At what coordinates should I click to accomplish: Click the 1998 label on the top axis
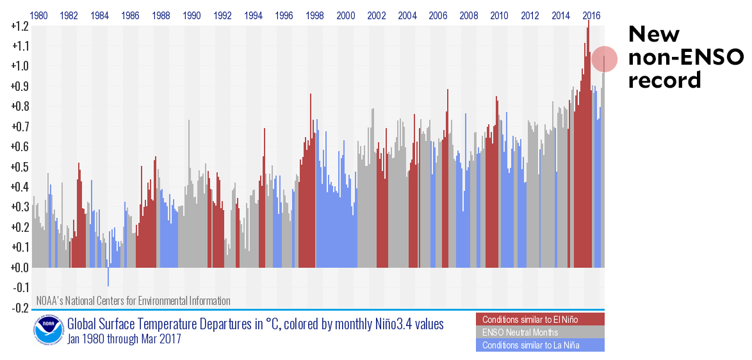point(315,15)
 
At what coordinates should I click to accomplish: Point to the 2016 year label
point(593,15)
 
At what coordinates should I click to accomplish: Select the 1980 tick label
point(38,15)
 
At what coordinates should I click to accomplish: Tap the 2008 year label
point(469,15)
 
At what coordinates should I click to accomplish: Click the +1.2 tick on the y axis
point(19,26)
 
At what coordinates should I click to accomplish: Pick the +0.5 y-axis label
point(19,167)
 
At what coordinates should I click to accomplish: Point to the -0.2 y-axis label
point(19,308)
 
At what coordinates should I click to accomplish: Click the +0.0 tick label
point(19,268)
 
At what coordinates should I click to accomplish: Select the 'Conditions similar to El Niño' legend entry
point(540,320)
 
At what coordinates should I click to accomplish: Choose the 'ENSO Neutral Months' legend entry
point(540,332)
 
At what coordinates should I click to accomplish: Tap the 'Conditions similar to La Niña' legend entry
point(540,345)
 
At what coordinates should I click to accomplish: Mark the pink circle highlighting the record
point(604,59)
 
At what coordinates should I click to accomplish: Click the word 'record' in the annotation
point(664,81)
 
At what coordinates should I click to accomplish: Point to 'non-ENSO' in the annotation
point(685,58)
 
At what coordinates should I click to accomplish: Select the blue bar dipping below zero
point(108,277)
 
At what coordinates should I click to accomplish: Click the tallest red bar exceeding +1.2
point(588,26)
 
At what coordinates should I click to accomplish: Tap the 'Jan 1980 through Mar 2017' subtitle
point(124,340)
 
